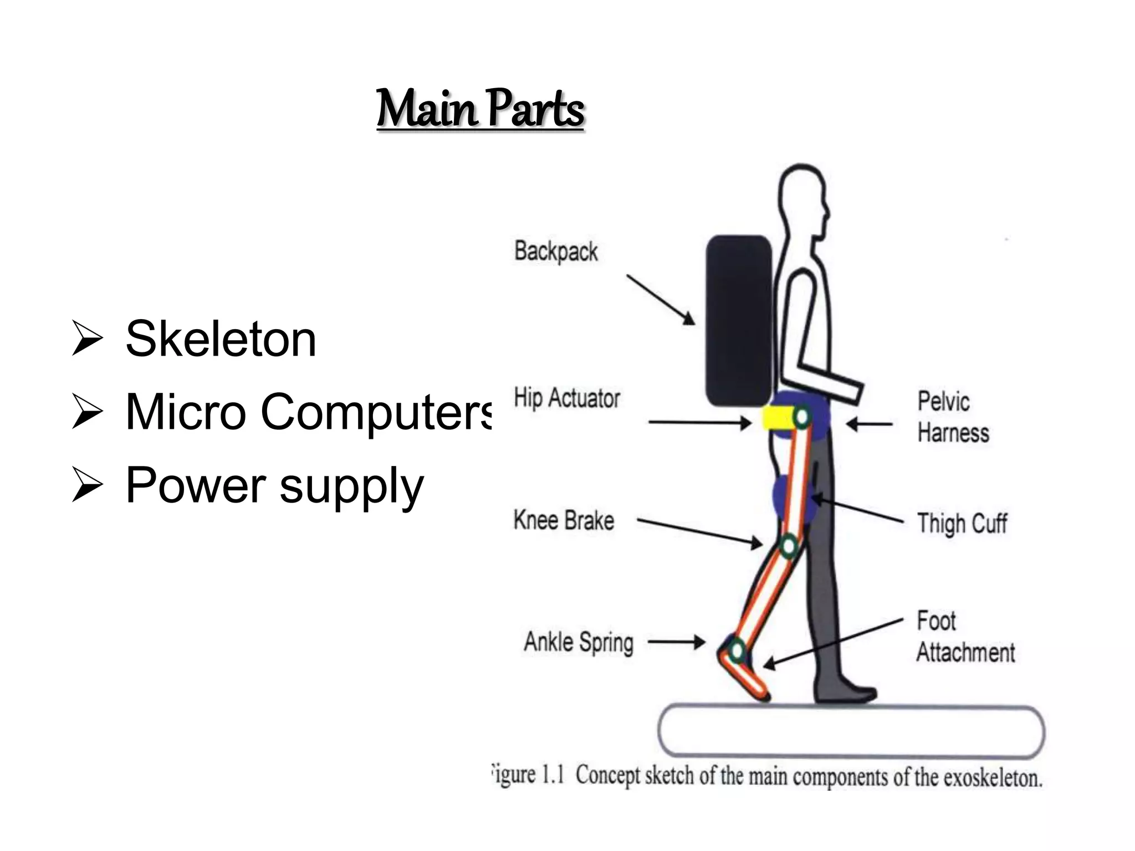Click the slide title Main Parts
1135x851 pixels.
coord(480,109)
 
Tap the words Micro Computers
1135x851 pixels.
coord(308,412)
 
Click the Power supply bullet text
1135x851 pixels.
coord(274,485)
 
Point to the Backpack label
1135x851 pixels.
coord(556,252)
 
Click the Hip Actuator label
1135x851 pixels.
coord(566,398)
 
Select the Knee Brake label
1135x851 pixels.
coord(564,520)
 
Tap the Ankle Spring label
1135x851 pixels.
coord(579,642)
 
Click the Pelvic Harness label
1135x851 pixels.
coord(953,417)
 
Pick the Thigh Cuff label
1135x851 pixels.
coord(962,523)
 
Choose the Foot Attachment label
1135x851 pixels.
coord(965,637)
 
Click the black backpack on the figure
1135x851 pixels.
coord(738,320)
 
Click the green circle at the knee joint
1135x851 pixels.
coord(789,546)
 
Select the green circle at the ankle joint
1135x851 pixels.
coord(737,649)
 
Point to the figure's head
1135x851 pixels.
coord(802,194)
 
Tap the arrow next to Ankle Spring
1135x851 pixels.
coord(677,642)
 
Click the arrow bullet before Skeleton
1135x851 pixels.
coord(87,339)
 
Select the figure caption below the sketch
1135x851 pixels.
coord(767,776)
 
